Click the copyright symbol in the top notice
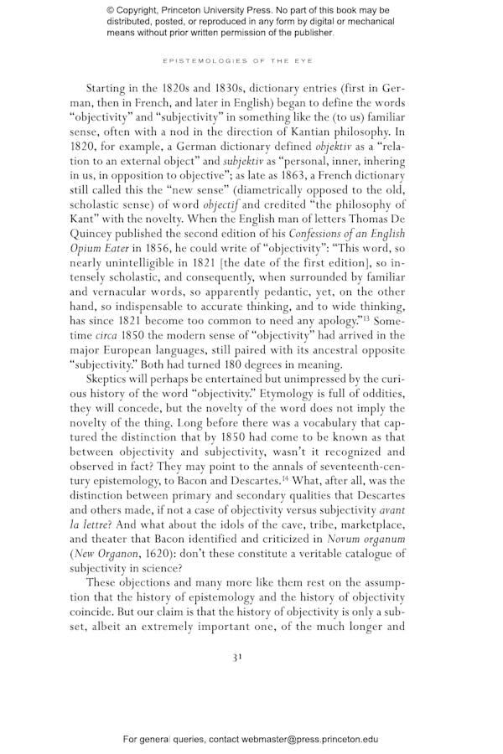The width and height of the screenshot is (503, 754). click(x=111, y=10)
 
